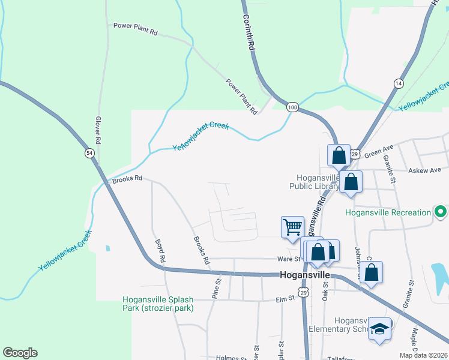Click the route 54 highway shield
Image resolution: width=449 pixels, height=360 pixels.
coord(89,154)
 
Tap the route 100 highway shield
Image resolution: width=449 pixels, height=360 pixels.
coord(292,107)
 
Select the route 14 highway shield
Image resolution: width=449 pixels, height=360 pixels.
coord(399,83)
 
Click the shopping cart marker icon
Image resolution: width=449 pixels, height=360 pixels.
coord(292,227)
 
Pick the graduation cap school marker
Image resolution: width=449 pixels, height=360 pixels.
coord(379,329)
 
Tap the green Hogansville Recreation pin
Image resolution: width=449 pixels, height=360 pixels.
coord(441,212)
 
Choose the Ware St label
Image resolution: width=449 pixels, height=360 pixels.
coord(288,259)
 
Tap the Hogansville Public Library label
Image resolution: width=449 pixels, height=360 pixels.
coord(318,182)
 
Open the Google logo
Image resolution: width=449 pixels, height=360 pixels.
coord(20,353)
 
